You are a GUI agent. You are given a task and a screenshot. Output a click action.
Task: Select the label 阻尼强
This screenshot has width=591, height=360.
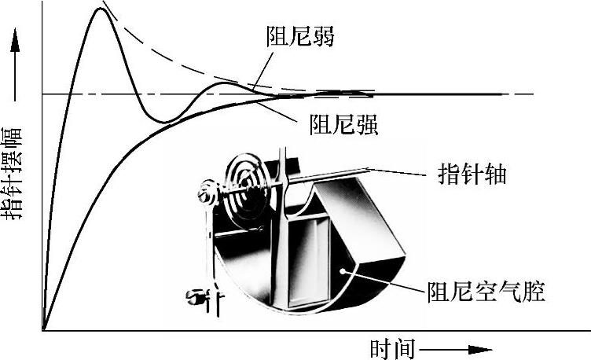tap(344, 124)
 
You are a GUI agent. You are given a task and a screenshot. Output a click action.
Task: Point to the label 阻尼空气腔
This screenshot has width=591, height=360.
tap(486, 293)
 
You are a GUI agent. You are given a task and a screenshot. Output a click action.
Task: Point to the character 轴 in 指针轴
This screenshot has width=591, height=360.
tap(494, 174)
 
